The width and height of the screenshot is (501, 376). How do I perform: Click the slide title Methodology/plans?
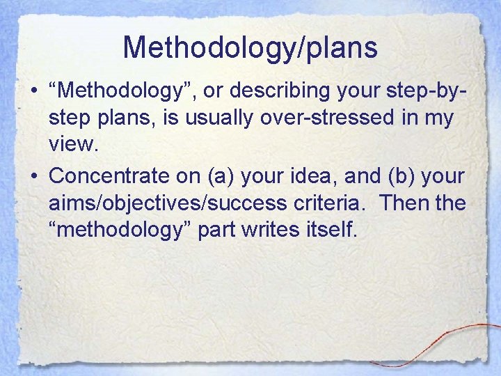pyautogui.click(x=250, y=48)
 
